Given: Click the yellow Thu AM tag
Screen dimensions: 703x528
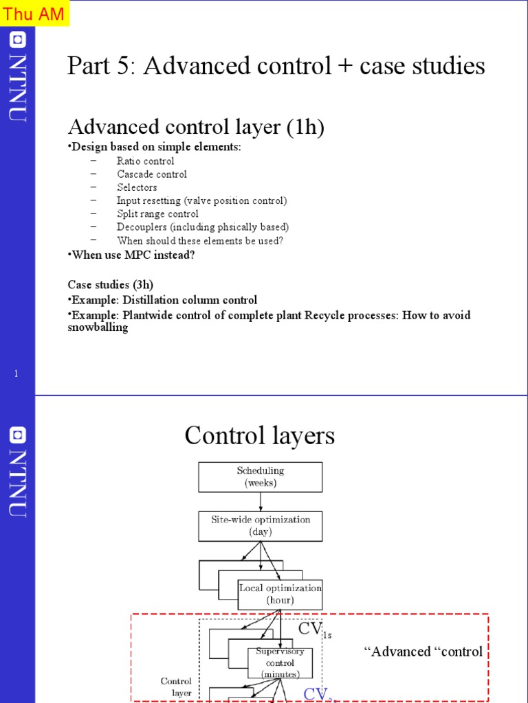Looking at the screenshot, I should [x=34, y=13].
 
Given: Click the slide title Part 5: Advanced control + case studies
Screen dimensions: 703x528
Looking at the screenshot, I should [x=276, y=67].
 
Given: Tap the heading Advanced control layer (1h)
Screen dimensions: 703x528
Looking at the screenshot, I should [x=195, y=127].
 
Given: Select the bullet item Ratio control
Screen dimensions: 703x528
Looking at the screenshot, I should [x=145, y=161].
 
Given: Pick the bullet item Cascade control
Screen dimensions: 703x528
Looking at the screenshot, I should [x=151, y=174].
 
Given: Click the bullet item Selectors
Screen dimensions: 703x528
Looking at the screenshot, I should [x=137, y=187].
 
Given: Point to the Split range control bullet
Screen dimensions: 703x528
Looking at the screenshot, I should [x=157, y=214].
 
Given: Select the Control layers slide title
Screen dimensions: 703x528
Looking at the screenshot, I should [x=259, y=436].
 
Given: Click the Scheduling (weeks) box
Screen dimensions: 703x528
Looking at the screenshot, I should [x=260, y=476].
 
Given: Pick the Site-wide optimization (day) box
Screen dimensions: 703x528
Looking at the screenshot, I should [x=260, y=526].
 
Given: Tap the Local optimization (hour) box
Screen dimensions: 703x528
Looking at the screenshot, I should [x=280, y=594].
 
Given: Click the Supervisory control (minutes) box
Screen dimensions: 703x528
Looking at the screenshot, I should [x=280, y=662].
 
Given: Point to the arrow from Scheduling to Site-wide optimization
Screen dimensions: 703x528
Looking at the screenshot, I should [x=261, y=501].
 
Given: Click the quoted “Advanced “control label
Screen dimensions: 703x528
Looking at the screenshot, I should [x=422, y=652].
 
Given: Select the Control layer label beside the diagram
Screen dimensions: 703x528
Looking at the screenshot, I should [x=176, y=687].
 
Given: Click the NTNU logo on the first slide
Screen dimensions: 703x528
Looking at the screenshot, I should [x=18, y=76].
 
